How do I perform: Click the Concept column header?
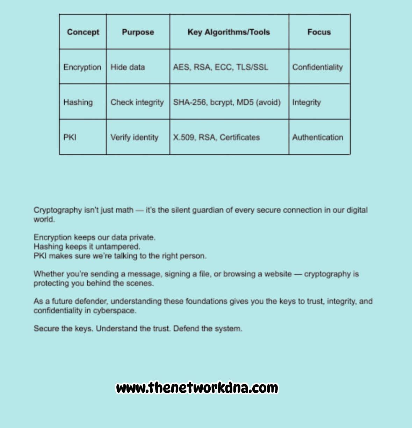coord(83,32)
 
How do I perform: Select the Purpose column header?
coord(138,32)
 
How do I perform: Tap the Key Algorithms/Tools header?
coord(229,32)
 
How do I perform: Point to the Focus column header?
coord(319,32)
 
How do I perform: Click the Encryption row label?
coord(82,67)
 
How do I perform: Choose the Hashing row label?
coord(78,102)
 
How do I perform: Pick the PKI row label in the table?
coord(70,137)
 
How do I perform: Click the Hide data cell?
coord(128,67)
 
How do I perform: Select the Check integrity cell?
coord(137,102)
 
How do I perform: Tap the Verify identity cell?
coord(134,137)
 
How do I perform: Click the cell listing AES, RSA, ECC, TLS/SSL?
coord(221,67)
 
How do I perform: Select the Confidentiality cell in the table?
coord(317,67)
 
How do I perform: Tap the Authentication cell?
coord(317,137)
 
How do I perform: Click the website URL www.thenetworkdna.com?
coord(197,388)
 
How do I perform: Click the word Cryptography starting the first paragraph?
coord(57,210)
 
